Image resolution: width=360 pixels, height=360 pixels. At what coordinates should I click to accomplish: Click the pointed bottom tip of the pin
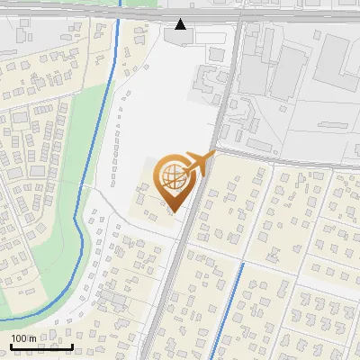pos(175,211)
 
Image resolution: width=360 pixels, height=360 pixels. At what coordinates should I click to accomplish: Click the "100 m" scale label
pos(23,338)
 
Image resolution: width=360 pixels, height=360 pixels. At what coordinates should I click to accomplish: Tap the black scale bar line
pos(40,346)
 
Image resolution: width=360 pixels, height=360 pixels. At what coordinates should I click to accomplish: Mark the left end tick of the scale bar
pos(10,345)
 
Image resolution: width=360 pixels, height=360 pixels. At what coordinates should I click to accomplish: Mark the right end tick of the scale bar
pos(72,345)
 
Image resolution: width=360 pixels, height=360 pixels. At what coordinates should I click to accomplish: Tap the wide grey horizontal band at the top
pos(90,13)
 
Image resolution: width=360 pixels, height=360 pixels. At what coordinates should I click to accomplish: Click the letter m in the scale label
pos(32,338)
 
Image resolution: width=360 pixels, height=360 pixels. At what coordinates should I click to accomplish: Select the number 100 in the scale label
pos(19,338)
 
